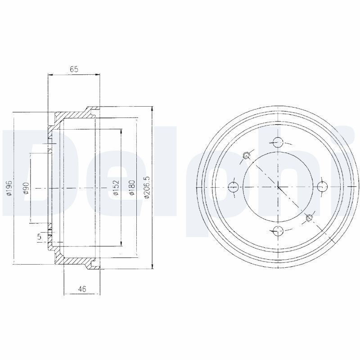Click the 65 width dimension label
[74, 69]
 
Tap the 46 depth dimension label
[82, 289]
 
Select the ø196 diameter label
[9, 188]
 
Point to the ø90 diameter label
[27, 188]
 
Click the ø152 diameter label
[116, 188]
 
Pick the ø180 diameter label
[132, 188]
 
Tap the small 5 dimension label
[40, 237]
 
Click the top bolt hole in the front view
[278, 142]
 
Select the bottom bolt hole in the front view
[278, 231]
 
